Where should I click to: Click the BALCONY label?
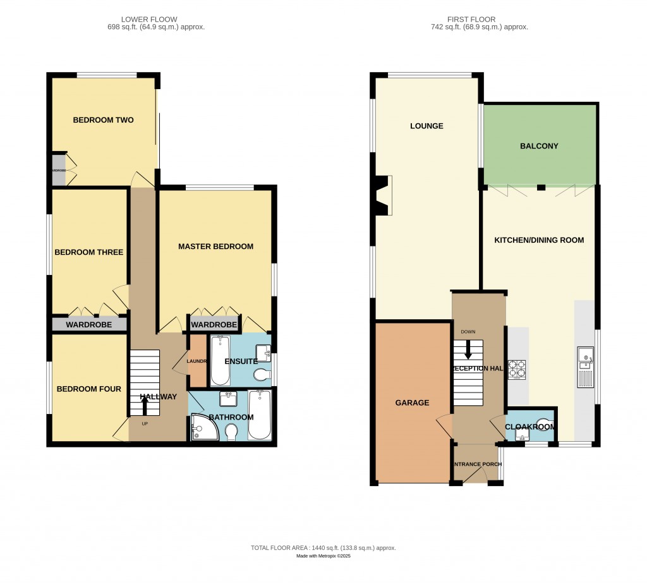(539, 146)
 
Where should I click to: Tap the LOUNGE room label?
(426, 126)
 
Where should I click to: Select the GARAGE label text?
(412, 403)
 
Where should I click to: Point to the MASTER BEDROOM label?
(215, 246)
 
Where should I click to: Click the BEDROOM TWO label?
(103, 120)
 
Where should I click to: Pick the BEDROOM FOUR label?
(88, 389)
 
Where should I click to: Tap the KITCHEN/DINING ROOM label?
(538, 240)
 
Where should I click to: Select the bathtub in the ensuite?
(220, 360)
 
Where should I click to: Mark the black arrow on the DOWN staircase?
(468, 349)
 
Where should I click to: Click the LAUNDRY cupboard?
(197, 362)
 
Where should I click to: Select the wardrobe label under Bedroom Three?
(89, 325)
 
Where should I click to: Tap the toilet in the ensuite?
(261, 376)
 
